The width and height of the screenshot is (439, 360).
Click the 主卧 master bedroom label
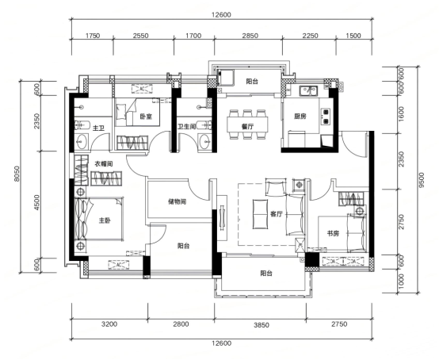pyautogui.click(x=105, y=220)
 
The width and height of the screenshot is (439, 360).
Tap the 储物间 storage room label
pyautogui.click(x=178, y=201)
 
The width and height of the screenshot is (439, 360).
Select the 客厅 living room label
pyautogui.click(x=277, y=214)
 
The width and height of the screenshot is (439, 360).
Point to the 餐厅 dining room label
pyautogui.click(x=247, y=127)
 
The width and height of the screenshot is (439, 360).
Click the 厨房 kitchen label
pyautogui.click(x=300, y=117)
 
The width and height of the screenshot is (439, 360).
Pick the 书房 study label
pyautogui.click(x=333, y=233)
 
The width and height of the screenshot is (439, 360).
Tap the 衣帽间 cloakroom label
pyautogui.click(x=104, y=164)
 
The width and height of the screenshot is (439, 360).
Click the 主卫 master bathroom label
pyautogui.click(x=98, y=128)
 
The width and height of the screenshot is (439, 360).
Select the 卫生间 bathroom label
pyautogui.click(x=187, y=127)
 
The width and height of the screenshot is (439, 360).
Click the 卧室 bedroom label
pyautogui.click(x=146, y=117)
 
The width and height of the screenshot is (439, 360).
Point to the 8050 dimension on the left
pyautogui.click(x=17, y=174)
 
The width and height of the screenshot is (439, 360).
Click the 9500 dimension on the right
pyautogui.click(x=422, y=180)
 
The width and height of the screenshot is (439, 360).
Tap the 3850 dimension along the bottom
pyautogui.click(x=261, y=325)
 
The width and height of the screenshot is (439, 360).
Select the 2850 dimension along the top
pyautogui.click(x=250, y=36)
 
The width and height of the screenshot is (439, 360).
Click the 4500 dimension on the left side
pyautogui.click(x=36, y=202)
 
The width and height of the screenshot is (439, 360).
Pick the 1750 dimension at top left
pyautogui.click(x=93, y=36)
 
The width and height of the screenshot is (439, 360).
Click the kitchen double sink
pyautogui.click(x=308, y=90)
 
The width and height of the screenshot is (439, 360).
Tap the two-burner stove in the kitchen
pyautogui.click(x=326, y=117)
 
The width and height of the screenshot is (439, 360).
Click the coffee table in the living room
pyautogui.click(x=261, y=214)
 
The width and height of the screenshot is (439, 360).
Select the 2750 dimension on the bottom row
pyautogui.click(x=339, y=324)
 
